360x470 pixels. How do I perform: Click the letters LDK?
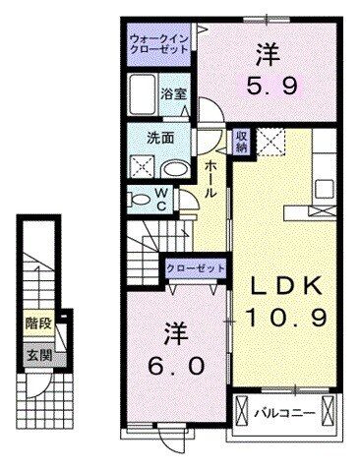point(285,285)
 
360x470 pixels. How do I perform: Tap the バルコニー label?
point(287,414)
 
